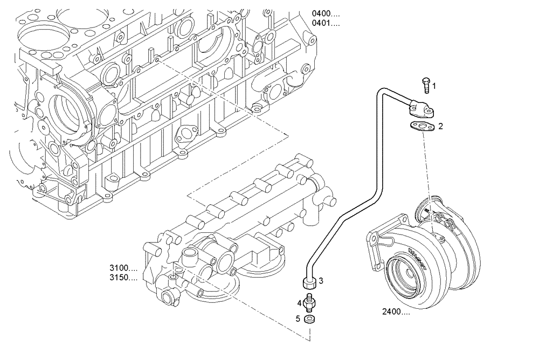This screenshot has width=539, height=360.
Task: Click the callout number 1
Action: coord(434,86)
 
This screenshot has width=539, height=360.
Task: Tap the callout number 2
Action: coord(440,127)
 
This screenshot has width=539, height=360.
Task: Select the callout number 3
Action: coord(321,281)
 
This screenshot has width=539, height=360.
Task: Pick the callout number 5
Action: coord(298,319)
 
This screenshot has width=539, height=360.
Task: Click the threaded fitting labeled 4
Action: coord(309,303)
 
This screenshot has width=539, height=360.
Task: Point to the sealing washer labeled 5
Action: coord(309,320)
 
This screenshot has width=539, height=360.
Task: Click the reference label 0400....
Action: coord(326,13)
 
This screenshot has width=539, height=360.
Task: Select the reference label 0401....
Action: coord(326,24)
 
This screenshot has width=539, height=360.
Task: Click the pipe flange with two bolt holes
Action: coord(420,110)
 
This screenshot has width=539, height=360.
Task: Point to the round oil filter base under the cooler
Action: coord(216,286)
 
